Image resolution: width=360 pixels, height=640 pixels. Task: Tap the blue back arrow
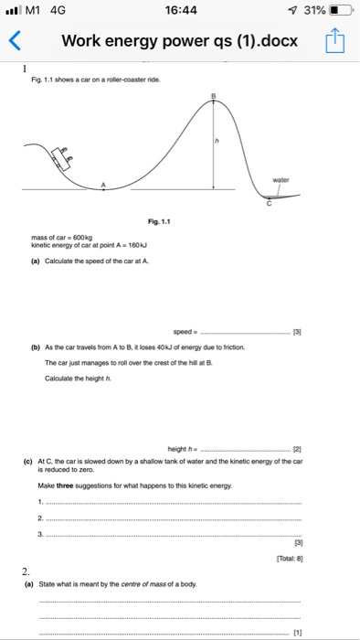(x=14, y=41)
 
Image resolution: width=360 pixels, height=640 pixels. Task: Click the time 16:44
(x=179, y=12)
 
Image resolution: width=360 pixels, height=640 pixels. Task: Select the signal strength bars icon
(x=13, y=12)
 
